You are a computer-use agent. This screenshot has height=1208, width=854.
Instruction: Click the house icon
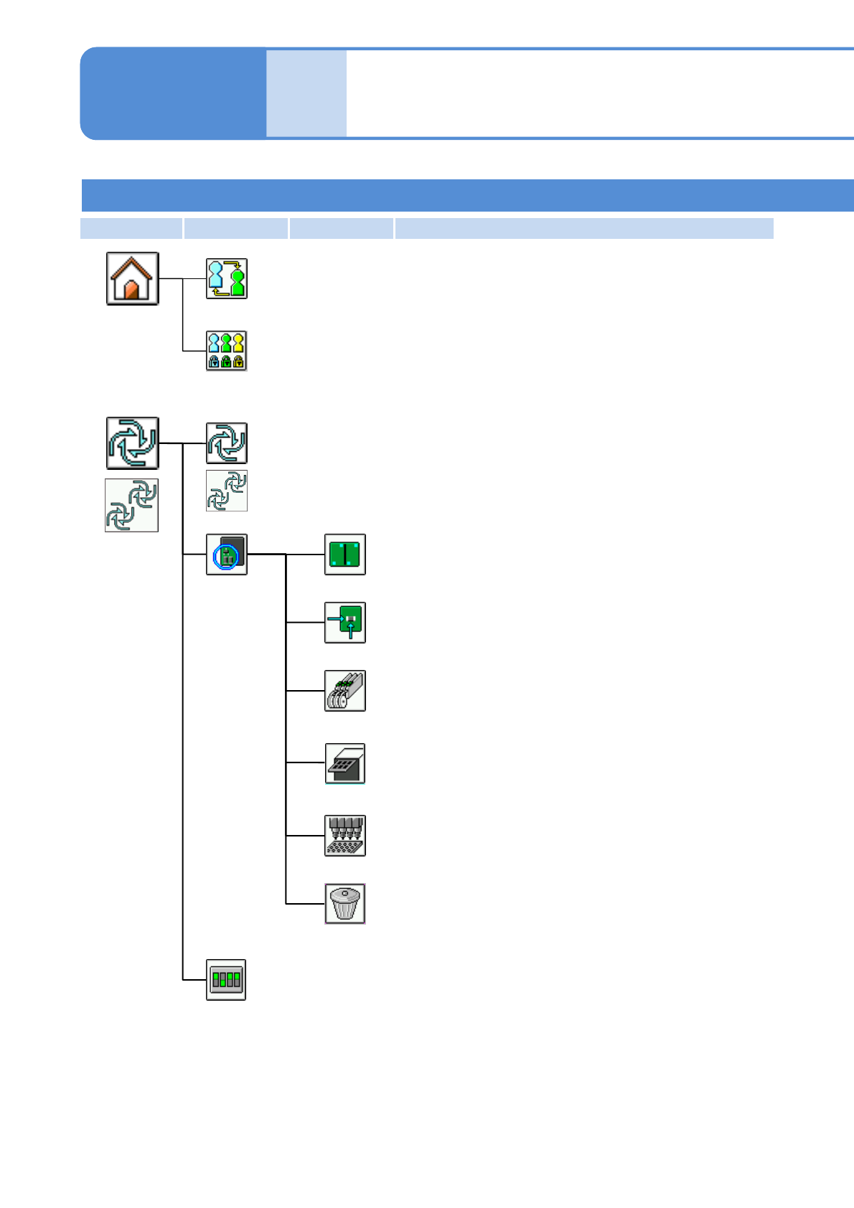(133, 278)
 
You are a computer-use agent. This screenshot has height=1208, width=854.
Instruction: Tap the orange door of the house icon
(131, 291)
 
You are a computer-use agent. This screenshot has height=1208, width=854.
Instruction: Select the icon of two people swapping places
(227, 278)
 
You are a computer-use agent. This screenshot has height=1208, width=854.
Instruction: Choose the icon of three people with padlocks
(227, 351)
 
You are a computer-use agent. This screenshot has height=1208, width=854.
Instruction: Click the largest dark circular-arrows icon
(133, 443)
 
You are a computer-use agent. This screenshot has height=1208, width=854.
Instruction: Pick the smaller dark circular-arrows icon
(227, 443)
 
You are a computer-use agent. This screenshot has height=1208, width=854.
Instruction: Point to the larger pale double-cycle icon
(132, 506)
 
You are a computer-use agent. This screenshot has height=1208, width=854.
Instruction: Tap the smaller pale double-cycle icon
(227, 491)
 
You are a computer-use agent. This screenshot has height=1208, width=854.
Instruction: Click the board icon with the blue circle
(227, 555)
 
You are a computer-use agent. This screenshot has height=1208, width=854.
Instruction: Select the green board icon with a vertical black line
(345, 555)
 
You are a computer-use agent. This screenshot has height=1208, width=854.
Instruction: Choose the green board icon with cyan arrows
(345, 623)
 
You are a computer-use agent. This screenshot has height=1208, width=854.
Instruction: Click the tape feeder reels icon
(345, 691)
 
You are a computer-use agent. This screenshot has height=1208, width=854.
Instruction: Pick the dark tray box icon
(345, 763)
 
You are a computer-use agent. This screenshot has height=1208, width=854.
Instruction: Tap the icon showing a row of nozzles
(345, 836)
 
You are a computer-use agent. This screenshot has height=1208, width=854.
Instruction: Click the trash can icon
(345, 904)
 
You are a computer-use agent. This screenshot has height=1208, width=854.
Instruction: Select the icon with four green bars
(226, 980)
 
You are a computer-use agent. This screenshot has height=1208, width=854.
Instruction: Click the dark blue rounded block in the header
(172, 93)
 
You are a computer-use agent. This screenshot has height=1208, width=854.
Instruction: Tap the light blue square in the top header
(306, 93)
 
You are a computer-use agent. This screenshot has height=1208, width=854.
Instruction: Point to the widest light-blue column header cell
(584, 228)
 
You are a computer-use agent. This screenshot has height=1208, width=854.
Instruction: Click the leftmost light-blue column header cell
(131, 228)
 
